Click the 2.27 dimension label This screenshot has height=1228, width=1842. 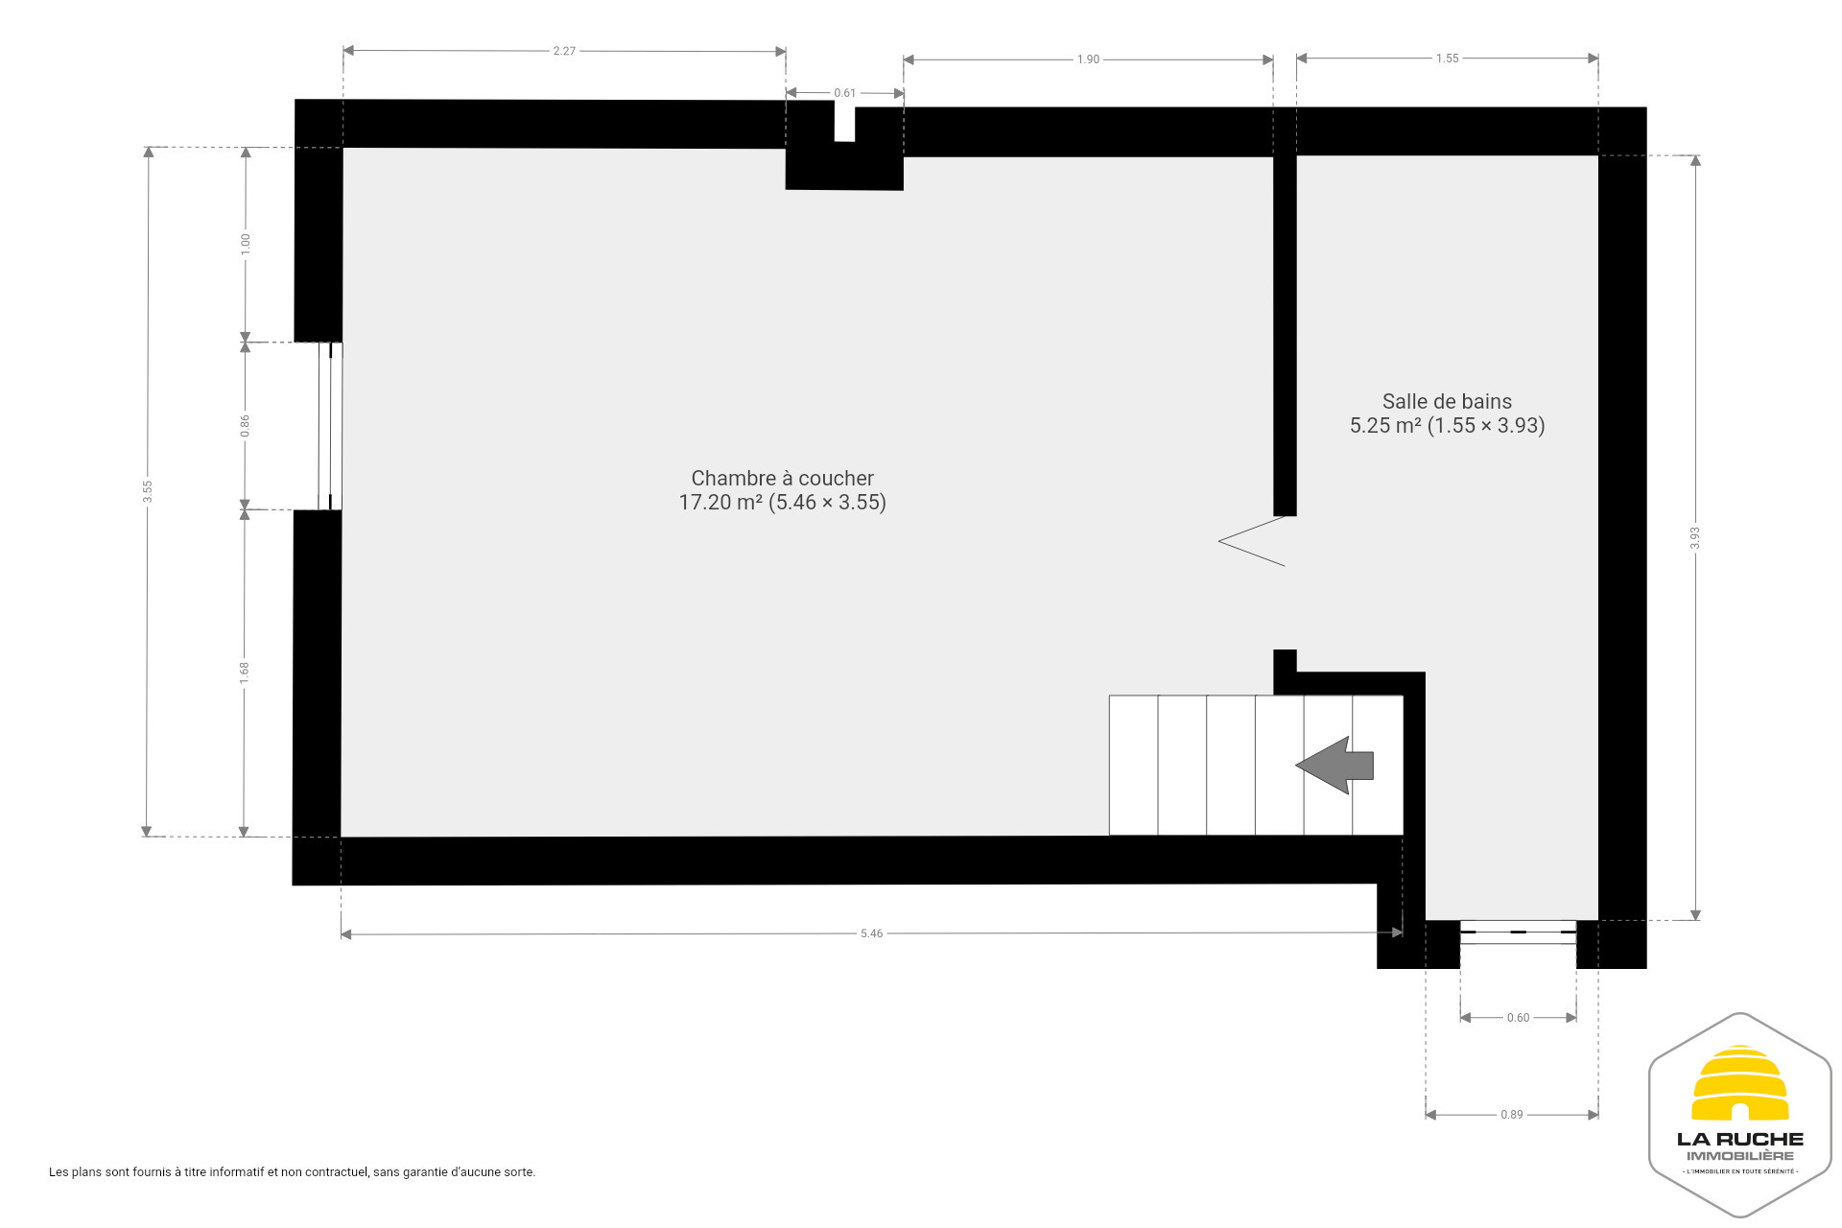point(564,51)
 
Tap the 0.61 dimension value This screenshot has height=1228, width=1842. point(844,93)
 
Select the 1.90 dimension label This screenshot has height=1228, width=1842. point(1088,59)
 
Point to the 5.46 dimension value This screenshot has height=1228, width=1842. point(871,933)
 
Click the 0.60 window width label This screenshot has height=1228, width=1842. point(1518,1018)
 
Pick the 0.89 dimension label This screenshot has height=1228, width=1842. point(1511,1115)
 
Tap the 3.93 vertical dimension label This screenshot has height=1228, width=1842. point(1695,538)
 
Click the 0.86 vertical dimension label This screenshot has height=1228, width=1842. point(246,426)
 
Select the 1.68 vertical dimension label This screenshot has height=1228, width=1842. point(245,673)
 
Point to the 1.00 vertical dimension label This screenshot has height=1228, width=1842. point(246,244)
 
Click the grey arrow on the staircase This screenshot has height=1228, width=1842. point(1334,765)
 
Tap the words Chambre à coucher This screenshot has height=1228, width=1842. point(782,478)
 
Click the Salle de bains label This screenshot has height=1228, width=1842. point(1447,401)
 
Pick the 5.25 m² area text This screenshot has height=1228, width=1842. point(1385,425)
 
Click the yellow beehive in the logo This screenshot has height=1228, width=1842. point(1739,1083)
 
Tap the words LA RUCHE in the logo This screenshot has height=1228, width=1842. point(1739,1140)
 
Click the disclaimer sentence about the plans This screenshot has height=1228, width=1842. point(293,1172)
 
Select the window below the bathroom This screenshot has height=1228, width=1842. point(1518,932)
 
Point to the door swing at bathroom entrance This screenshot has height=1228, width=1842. point(1252,541)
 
